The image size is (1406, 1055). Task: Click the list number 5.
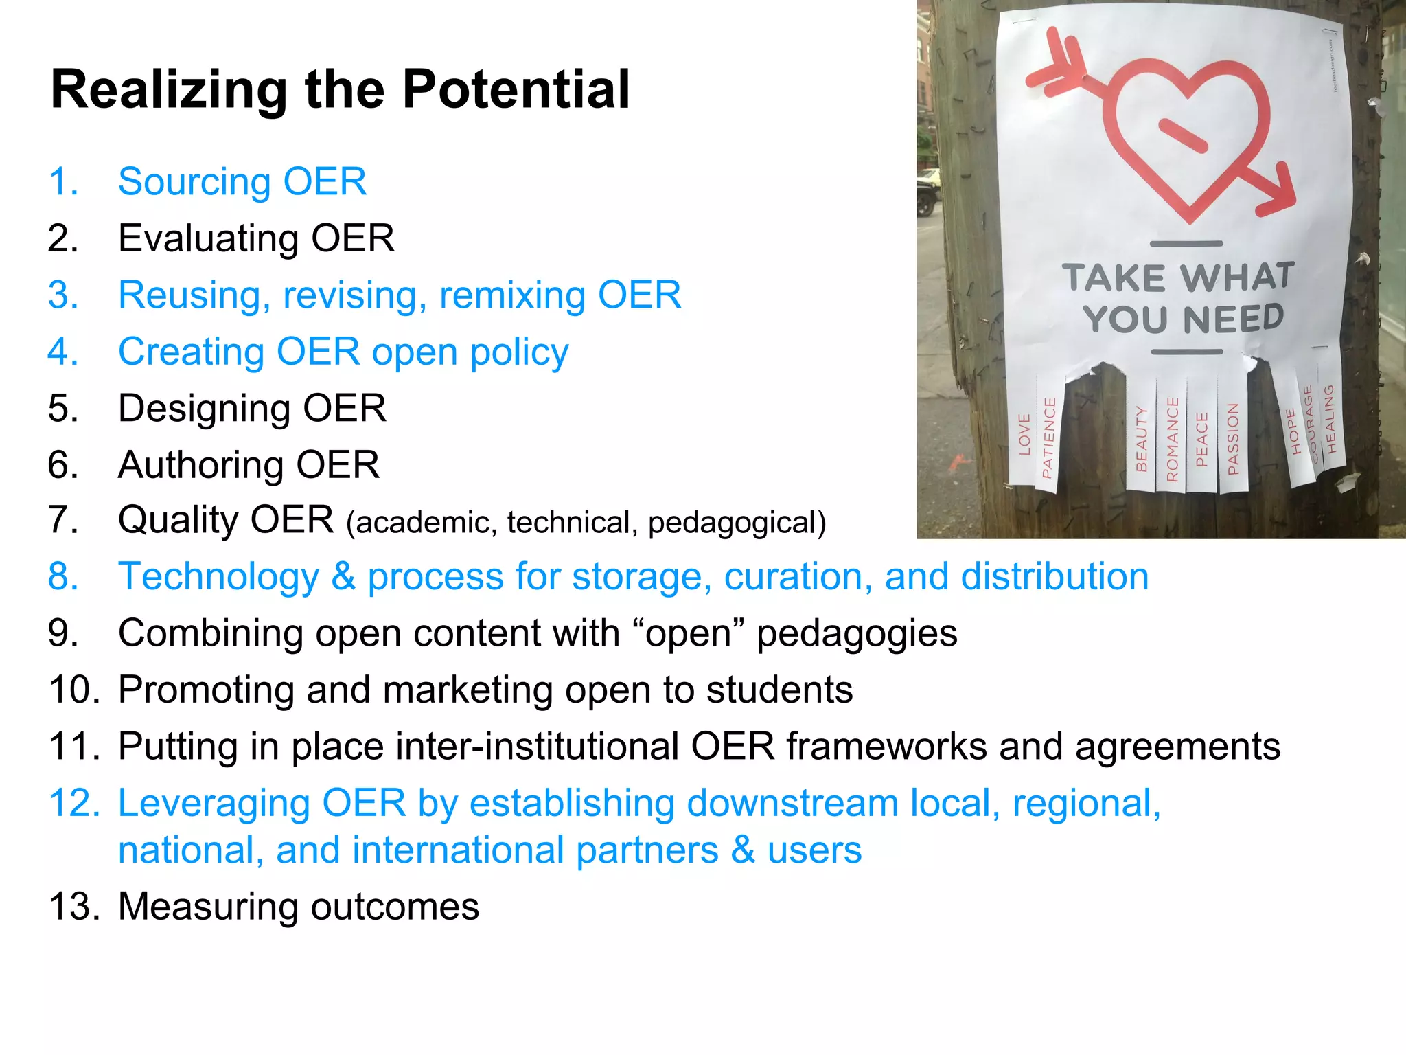[x=62, y=408]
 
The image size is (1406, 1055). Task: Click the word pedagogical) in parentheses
[x=737, y=523]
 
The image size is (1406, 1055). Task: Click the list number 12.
[x=73, y=803]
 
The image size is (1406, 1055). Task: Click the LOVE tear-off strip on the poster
[x=1024, y=436]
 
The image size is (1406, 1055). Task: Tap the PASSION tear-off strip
[x=1232, y=440]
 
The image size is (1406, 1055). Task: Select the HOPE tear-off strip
[x=1293, y=433]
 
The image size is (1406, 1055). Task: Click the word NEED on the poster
[x=1233, y=319]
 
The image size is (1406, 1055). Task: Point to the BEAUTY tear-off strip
[x=1141, y=440]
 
